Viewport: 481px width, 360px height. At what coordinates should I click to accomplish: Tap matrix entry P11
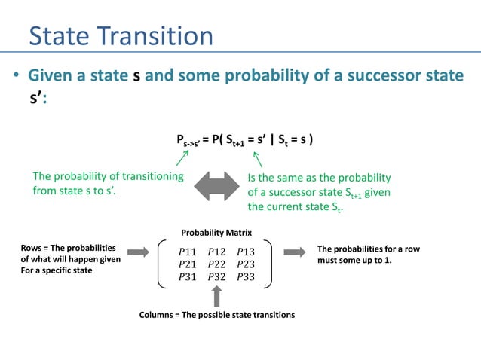[x=190, y=251]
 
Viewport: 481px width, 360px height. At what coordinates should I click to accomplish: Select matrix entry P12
[x=218, y=251]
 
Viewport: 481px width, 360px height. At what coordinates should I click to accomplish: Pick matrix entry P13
[x=246, y=251]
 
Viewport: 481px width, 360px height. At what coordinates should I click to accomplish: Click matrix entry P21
[x=190, y=264]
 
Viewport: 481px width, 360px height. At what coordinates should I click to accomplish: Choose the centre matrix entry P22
[x=218, y=264]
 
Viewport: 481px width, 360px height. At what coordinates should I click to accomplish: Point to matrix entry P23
[x=246, y=264]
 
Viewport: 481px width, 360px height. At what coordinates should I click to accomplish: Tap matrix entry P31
[x=190, y=276]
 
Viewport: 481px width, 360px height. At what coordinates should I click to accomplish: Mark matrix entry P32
[x=218, y=276]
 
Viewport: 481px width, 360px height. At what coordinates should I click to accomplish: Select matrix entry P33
[x=246, y=276]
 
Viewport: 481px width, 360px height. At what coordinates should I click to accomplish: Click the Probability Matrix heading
[x=216, y=233]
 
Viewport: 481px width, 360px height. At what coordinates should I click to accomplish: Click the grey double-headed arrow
[x=216, y=185]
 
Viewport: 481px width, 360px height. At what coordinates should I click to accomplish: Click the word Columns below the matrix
[x=158, y=314]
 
